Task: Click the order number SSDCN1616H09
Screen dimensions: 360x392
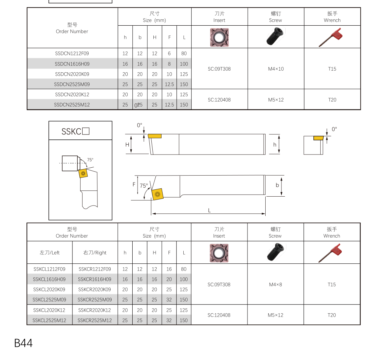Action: click(x=72, y=64)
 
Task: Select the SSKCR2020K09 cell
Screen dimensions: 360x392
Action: click(x=95, y=290)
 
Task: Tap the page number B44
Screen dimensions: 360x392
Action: click(x=23, y=343)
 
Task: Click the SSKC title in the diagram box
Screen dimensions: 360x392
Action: click(x=75, y=132)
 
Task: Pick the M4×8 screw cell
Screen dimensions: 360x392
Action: click(x=275, y=285)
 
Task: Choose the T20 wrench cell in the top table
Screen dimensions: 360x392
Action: click(x=332, y=100)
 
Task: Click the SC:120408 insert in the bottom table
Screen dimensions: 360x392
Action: click(x=219, y=315)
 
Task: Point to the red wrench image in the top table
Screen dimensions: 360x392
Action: click(x=331, y=37)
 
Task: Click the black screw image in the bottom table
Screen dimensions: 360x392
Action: click(x=276, y=252)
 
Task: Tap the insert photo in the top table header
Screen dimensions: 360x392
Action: click(x=219, y=37)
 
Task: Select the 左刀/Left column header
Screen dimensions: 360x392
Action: click(x=50, y=252)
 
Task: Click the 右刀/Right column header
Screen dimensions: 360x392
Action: click(x=95, y=252)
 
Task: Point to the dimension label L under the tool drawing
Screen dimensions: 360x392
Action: click(x=209, y=210)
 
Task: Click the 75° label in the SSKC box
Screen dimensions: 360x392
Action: click(x=90, y=160)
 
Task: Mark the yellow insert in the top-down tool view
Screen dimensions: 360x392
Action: click(x=157, y=194)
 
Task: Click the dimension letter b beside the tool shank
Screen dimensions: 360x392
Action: click(x=277, y=185)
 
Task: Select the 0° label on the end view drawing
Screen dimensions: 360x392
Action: click(x=334, y=129)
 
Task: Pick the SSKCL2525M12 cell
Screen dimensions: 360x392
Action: click(x=49, y=320)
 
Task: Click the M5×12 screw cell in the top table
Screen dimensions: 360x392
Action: click(x=276, y=100)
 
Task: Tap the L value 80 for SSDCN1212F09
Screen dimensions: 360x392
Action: click(x=184, y=53)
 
